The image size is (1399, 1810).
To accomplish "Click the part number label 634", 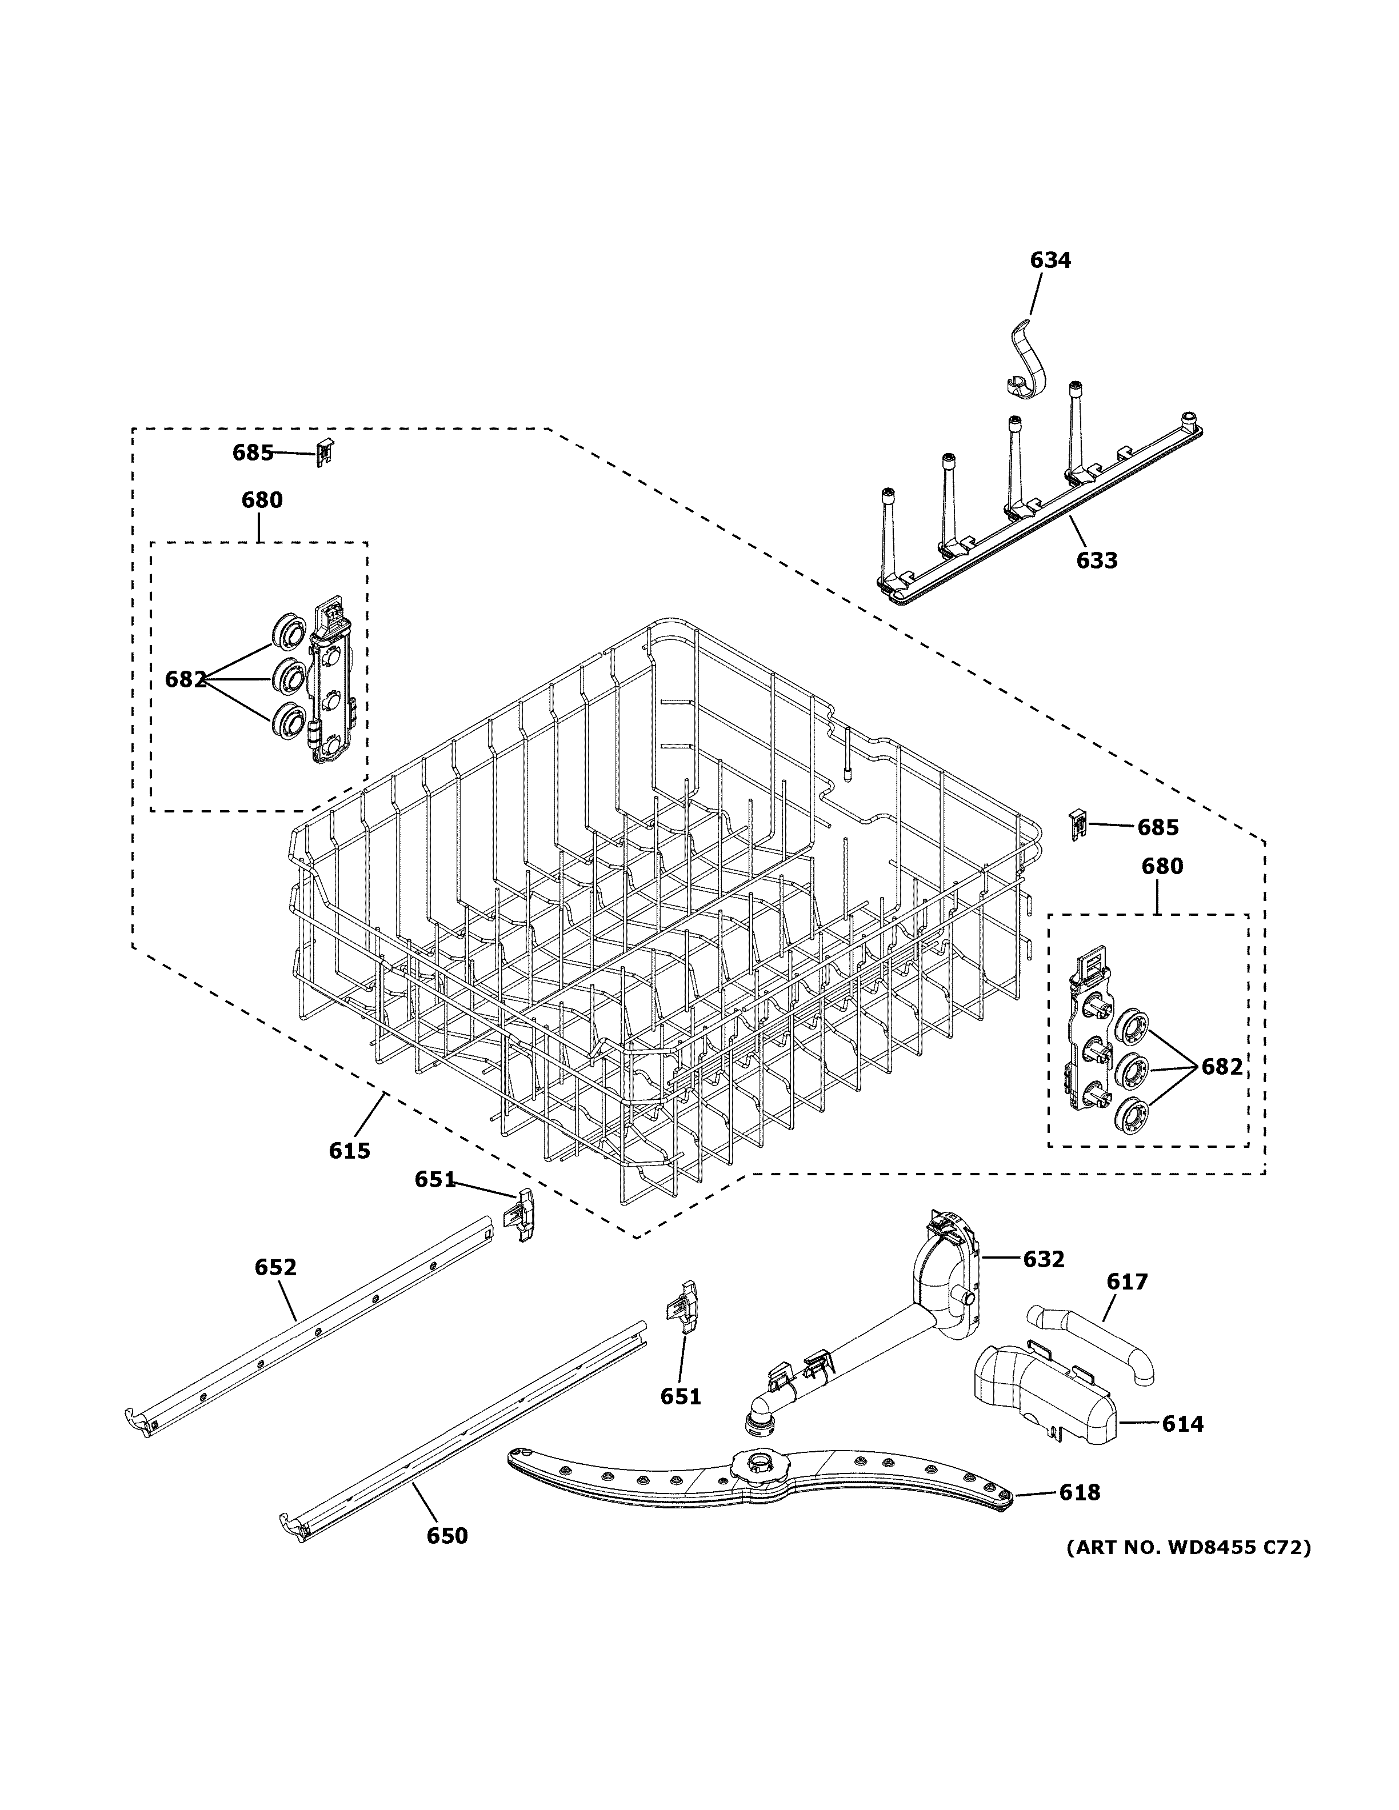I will [1050, 260].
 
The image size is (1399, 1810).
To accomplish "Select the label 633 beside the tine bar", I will [1097, 560].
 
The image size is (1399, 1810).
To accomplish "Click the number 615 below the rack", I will [349, 1150].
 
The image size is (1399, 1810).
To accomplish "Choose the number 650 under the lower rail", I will [447, 1536].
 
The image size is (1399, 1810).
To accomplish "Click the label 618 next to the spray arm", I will [1079, 1492].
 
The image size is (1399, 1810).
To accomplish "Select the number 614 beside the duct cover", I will [1182, 1424].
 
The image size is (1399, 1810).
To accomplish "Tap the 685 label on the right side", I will [1157, 827].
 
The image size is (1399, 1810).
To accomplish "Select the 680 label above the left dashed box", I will [262, 500].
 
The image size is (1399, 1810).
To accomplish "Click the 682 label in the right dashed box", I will [1222, 1067].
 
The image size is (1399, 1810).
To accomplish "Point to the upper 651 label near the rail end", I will [435, 1179].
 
